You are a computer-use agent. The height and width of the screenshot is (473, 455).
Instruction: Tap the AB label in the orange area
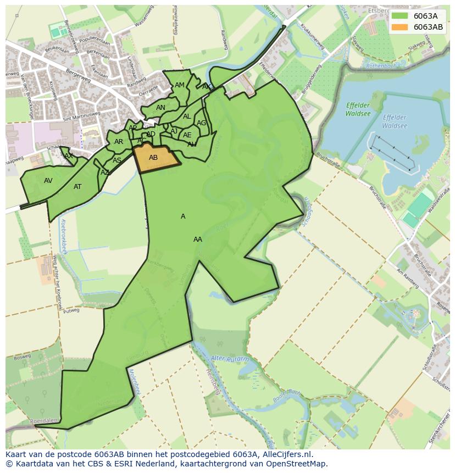coord(153,158)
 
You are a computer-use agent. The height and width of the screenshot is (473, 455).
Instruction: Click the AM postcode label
coord(180,85)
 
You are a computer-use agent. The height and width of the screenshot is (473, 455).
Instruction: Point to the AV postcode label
coord(48,181)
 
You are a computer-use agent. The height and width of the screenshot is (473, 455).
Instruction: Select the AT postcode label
coord(77,187)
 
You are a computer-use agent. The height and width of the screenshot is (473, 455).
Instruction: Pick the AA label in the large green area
coord(198,240)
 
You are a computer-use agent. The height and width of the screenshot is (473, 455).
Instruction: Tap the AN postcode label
coord(160,108)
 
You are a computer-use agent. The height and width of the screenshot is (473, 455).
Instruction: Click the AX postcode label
coord(69,156)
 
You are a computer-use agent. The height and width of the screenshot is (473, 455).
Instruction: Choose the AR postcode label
coord(119,142)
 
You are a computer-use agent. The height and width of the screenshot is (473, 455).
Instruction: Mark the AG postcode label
coord(201,123)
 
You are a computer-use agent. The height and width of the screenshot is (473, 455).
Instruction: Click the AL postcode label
coord(187,116)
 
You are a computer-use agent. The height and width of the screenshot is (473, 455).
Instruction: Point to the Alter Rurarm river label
coord(230,359)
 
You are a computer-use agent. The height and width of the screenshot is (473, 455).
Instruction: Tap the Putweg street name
coord(71,310)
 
